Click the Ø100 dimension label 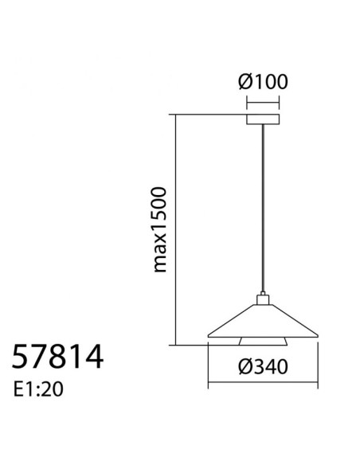263,82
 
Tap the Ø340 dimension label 263,366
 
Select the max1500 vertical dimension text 159,229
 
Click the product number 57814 57,357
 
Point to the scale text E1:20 38,389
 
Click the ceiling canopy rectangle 263,119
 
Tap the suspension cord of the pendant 263,209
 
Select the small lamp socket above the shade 263,299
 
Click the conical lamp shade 263,321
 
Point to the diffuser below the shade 263,342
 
